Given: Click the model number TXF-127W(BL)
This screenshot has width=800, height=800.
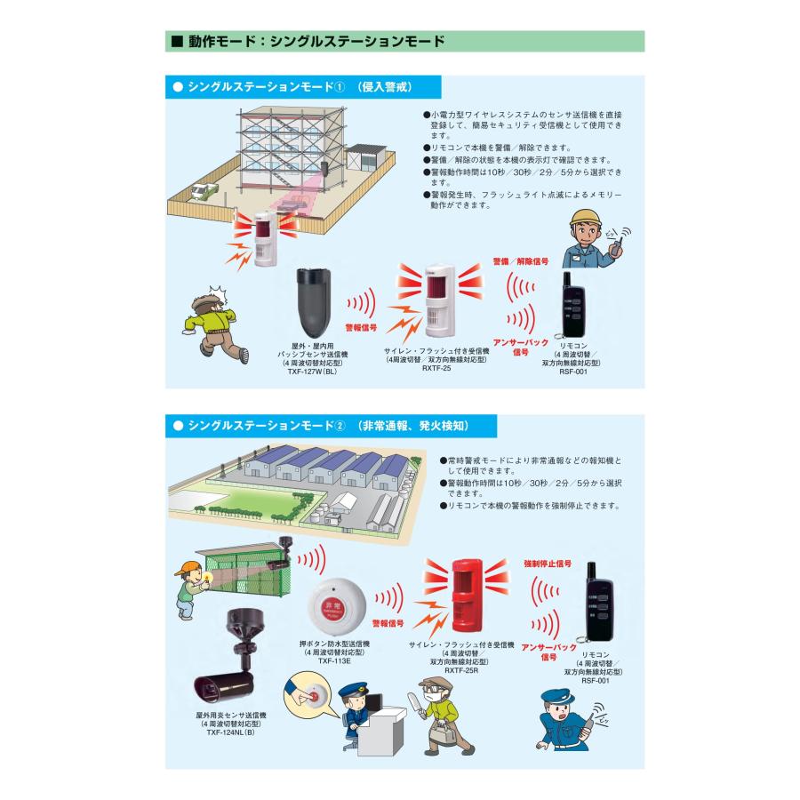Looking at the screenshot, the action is click(x=312, y=372).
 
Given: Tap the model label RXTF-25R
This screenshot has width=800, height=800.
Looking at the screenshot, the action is click(x=461, y=670).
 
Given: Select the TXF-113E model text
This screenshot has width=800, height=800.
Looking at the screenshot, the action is click(x=334, y=660).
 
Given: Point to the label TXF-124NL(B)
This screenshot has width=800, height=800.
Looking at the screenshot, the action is click(x=230, y=732).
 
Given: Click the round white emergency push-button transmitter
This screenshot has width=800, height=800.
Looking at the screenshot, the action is click(x=337, y=605).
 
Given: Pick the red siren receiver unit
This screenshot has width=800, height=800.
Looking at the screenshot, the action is click(x=468, y=595).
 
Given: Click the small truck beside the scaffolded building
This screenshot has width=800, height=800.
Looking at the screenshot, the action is click(x=204, y=191).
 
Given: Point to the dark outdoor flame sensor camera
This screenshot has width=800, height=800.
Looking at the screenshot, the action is click(x=235, y=657).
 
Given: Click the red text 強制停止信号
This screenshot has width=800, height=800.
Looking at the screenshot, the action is click(x=548, y=564).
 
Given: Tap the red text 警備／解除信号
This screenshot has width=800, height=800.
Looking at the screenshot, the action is click(x=520, y=261).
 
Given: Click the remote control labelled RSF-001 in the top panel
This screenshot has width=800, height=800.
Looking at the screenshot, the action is click(x=572, y=305).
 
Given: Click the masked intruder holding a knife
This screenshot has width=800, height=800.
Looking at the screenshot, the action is click(x=440, y=716).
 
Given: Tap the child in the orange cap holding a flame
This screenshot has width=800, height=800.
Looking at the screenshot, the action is click(x=192, y=588).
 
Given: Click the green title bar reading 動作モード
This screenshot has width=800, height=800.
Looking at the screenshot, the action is click(x=404, y=41).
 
